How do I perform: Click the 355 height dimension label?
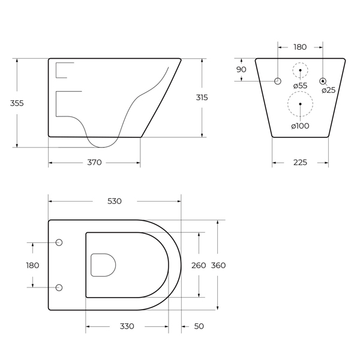click(x=17, y=103)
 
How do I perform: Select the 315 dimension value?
click(x=202, y=98)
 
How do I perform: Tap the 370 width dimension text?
click(x=94, y=163)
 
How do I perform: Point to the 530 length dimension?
click(x=115, y=201)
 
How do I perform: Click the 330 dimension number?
click(x=127, y=326)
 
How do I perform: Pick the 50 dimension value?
click(x=199, y=326)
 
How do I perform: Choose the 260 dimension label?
click(x=199, y=265)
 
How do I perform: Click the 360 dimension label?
click(x=218, y=265)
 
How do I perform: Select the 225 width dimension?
click(x=300, y=163)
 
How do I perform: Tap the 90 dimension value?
click(x=241, y=70)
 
